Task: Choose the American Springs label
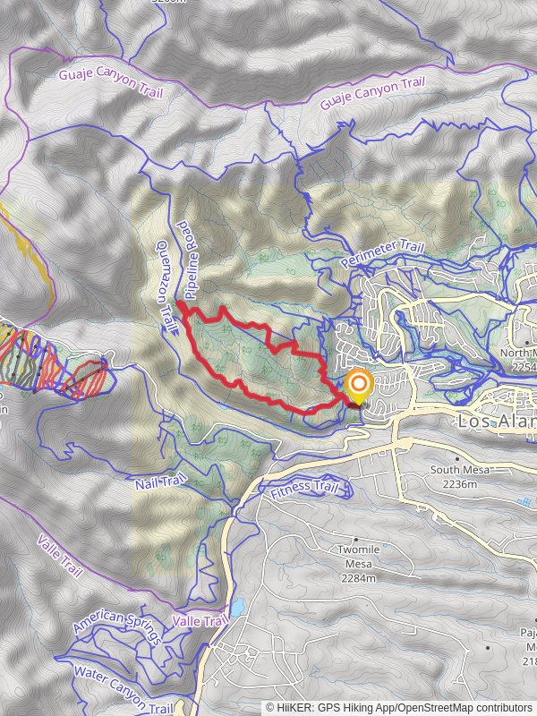[x=118, y=630]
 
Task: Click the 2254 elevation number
[x=524, y=366]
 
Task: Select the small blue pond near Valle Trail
[x=237, y=608]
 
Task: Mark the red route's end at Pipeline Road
[x=180, y=305]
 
